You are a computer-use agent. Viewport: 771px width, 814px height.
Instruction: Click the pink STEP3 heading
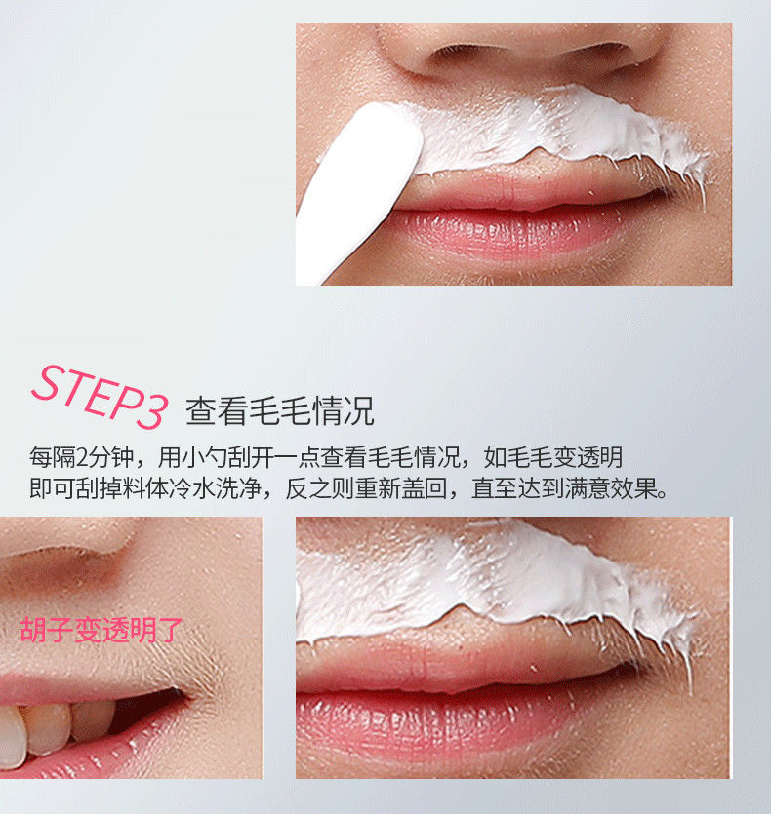100,397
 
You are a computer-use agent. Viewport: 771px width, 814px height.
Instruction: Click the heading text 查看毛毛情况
280,411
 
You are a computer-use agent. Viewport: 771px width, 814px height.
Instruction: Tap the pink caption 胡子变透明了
101,630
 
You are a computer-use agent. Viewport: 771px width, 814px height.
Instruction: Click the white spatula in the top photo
359,192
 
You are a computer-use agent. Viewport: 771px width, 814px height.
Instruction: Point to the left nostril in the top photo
458,52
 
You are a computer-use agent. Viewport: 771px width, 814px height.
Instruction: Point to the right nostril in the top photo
592,51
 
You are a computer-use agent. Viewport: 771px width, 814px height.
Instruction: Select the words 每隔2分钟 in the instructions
82,457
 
